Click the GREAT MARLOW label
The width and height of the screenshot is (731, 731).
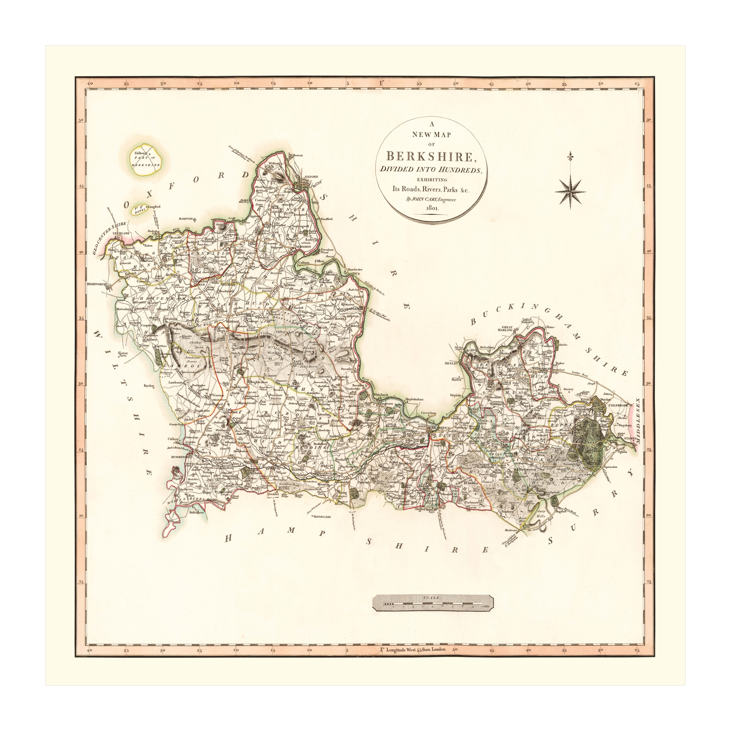pyautogui.click(x=507, y=328)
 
